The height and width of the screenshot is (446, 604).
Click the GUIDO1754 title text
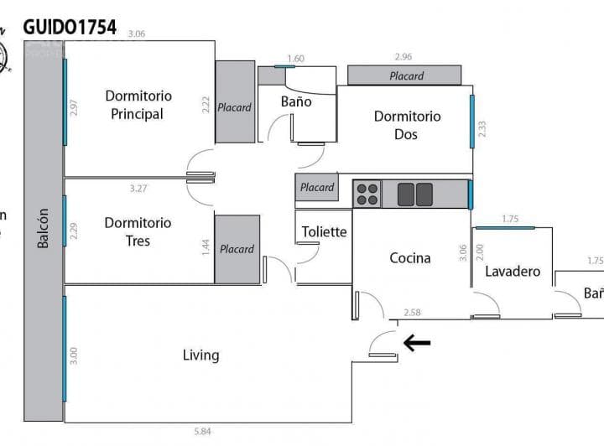pyautogui.click(x=70, y=27)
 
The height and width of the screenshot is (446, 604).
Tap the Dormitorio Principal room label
pyautogui.click(x=138, y=105)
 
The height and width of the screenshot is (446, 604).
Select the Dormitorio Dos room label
pyautogui.click(x=407, y=125)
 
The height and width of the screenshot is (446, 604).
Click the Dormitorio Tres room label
pyautogui.click(x=138, y=231)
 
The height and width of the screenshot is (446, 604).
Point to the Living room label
pyautogui.click(x=200, y=355)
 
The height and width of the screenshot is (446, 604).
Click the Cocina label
pyautogui.click(x=410, y=257)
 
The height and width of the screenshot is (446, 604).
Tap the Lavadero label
pyautogui.click(x=512, y=272)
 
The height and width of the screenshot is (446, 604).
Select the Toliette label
pyautogui.click(x=324, y=231)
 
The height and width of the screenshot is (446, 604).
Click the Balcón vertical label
pyautogui.click(x=43, y=228)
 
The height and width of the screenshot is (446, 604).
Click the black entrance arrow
pyautogui.click(x=417, y=342)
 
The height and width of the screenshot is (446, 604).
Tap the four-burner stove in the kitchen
pyautogui.click(x=367, y=194)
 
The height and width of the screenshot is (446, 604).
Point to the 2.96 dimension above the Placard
pyautogui.click(x=404, y=58)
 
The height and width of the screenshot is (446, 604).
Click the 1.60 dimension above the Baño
pyautogui.click(x=295, y=59)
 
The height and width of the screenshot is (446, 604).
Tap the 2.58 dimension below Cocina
pyautogui.click(x=412, y=313)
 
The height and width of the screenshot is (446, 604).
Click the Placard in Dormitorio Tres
pyautogui.click(x=237, y=248)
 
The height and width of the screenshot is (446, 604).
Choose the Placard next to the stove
pyautogui.click(x=317, y=188)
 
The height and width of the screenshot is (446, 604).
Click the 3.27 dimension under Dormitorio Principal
pyautogui.click(x=138, y=189)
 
